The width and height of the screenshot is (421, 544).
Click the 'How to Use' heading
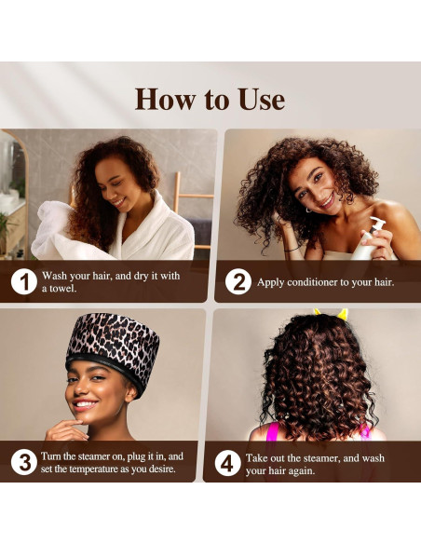point(210,100)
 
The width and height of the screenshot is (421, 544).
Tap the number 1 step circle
point(24,281)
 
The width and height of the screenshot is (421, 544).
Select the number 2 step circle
point(238,281)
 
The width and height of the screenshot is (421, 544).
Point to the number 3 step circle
point(24,462)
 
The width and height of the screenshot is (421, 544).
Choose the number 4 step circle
point(227,463)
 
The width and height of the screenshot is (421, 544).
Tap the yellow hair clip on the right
point(342,314)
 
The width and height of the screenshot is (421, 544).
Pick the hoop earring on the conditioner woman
point(308,210)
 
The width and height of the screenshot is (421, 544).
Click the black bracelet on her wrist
point(292,249)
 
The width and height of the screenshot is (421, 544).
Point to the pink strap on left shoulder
point(272,431)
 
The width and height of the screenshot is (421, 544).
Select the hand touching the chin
point(66,429)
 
